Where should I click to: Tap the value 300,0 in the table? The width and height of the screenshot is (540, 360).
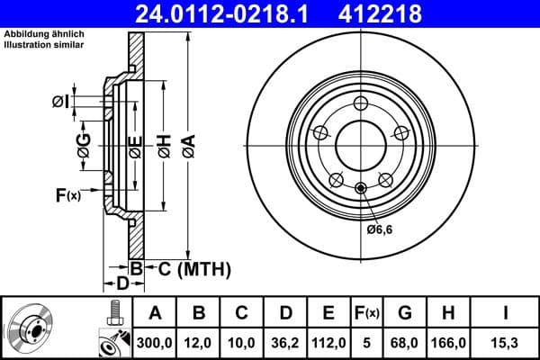[x=155, y=343]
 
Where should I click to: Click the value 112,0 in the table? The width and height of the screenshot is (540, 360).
[x=328, y=343]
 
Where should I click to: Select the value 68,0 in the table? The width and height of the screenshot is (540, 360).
[x=404, y=343]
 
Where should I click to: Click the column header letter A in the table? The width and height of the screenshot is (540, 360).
[x=155, y=314]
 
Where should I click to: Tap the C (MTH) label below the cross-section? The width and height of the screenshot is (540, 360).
[x=190, y=268]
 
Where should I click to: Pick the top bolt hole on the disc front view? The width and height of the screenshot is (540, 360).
[x=361, y=102]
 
